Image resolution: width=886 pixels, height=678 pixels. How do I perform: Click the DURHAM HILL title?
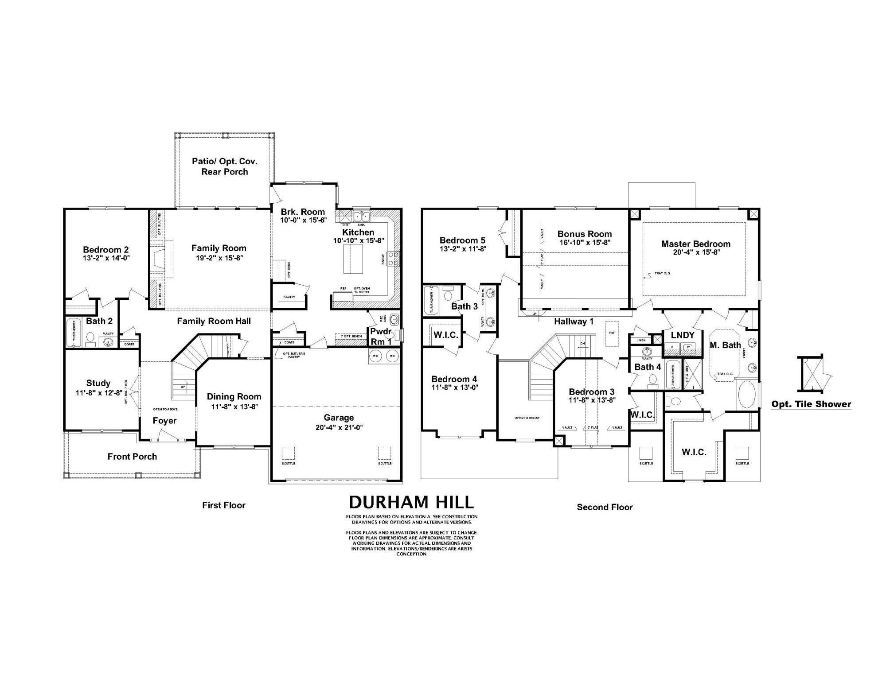(411, 502)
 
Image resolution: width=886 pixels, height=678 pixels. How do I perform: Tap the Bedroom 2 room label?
(105, 249)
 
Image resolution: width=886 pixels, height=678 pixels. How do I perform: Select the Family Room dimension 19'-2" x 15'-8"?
(219, 258)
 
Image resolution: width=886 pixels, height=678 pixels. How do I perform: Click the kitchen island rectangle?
(352, 259)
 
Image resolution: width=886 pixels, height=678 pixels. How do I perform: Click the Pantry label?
(289, 297)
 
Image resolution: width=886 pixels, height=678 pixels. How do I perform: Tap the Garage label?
(339, 417)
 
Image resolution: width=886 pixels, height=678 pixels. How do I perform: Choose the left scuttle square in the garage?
(288, 453)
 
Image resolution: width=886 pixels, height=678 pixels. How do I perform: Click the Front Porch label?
(132, 457)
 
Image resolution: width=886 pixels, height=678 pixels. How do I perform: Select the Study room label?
(98, 383)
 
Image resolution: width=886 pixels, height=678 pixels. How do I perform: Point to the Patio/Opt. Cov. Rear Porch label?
(225, 167)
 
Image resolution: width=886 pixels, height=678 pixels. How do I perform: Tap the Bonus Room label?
(584, 234)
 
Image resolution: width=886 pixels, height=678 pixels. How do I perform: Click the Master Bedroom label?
(695, 244)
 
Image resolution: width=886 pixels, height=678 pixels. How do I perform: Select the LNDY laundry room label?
(682, 335)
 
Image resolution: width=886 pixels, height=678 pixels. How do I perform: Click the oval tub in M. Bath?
(748, 395)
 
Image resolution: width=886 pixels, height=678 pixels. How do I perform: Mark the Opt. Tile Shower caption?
(811, 404)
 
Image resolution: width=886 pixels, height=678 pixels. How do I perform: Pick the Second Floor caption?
(605, 507)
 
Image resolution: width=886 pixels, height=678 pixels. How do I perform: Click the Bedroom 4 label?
(454, 379)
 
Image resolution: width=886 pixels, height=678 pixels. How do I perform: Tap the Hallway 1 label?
(574, 322)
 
